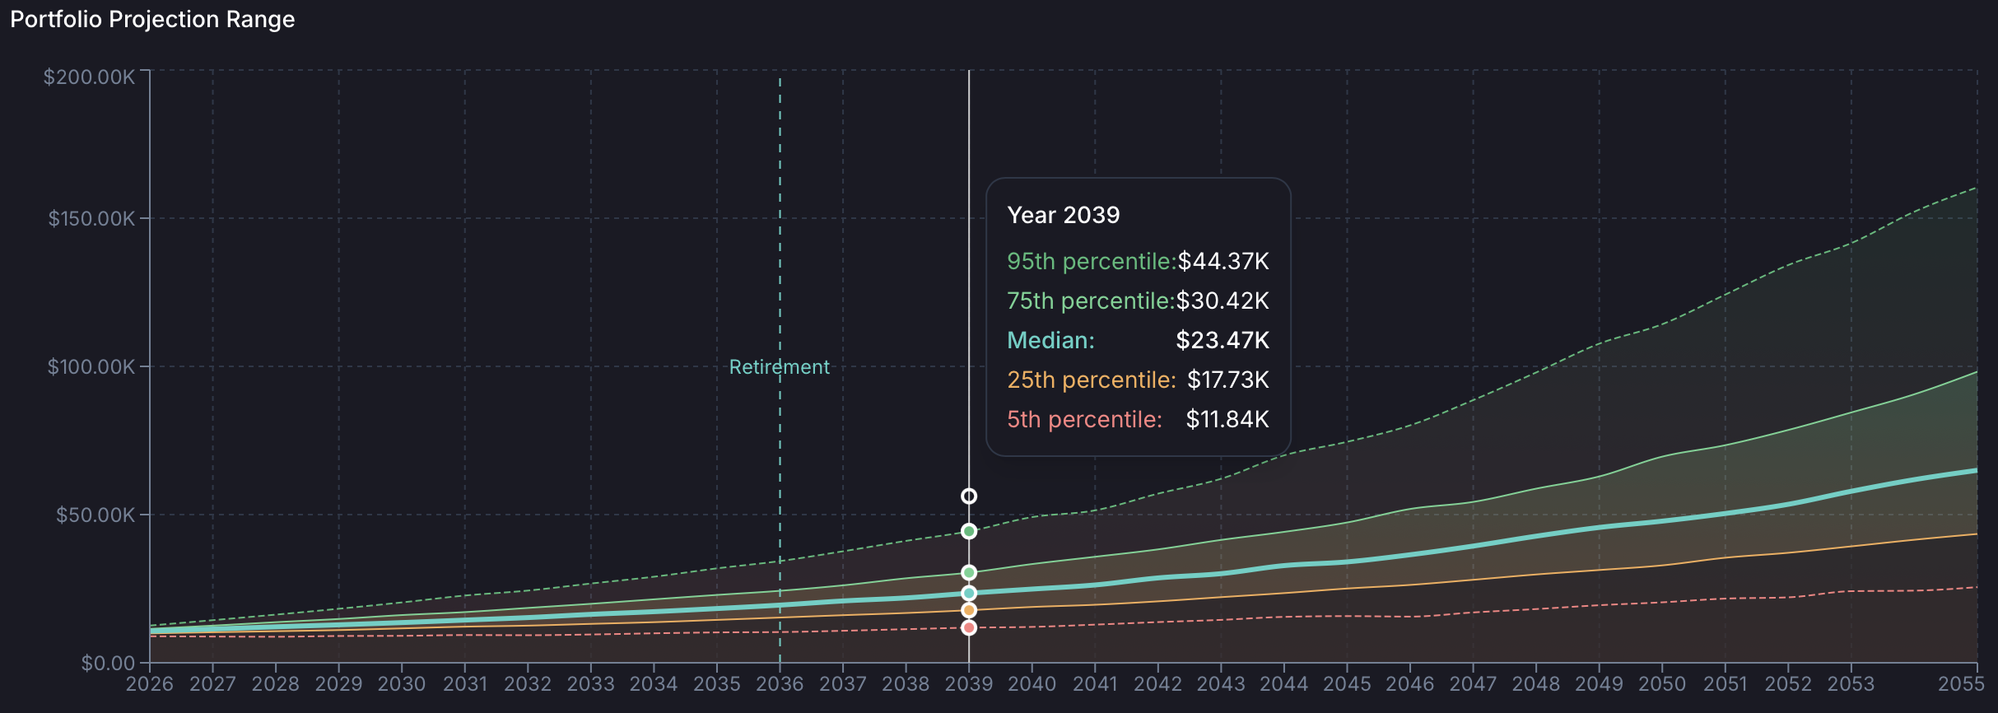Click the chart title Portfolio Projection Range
[152, 20]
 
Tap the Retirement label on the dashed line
[779, 367]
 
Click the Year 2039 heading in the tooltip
[1063, 215]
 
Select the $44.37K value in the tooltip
[1223, 261]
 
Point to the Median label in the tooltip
[1050, 340]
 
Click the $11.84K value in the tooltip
[1227, 419]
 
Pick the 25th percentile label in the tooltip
[1091, 380]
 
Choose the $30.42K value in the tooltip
[1222, 301]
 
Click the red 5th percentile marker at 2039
[969, 627]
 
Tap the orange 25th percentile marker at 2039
[969, 610]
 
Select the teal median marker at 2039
[969, 593]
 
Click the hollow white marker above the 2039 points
[969, 496]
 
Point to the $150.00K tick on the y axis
[91, 219]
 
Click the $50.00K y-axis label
[95, 515]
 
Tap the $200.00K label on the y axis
[89, 77]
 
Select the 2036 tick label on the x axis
[779, 684]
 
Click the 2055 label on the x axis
[1960, 684]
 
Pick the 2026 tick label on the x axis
[150, 684]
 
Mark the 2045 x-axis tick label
[1346, 684]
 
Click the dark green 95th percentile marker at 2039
[969, 531]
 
